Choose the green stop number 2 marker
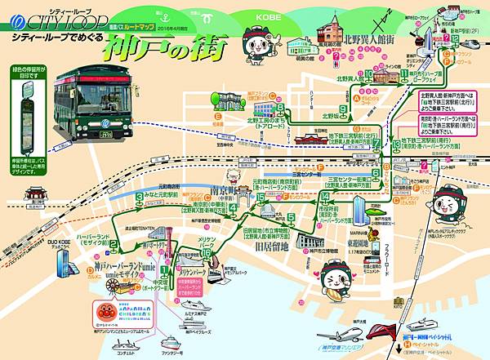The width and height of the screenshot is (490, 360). coord(116,243)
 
